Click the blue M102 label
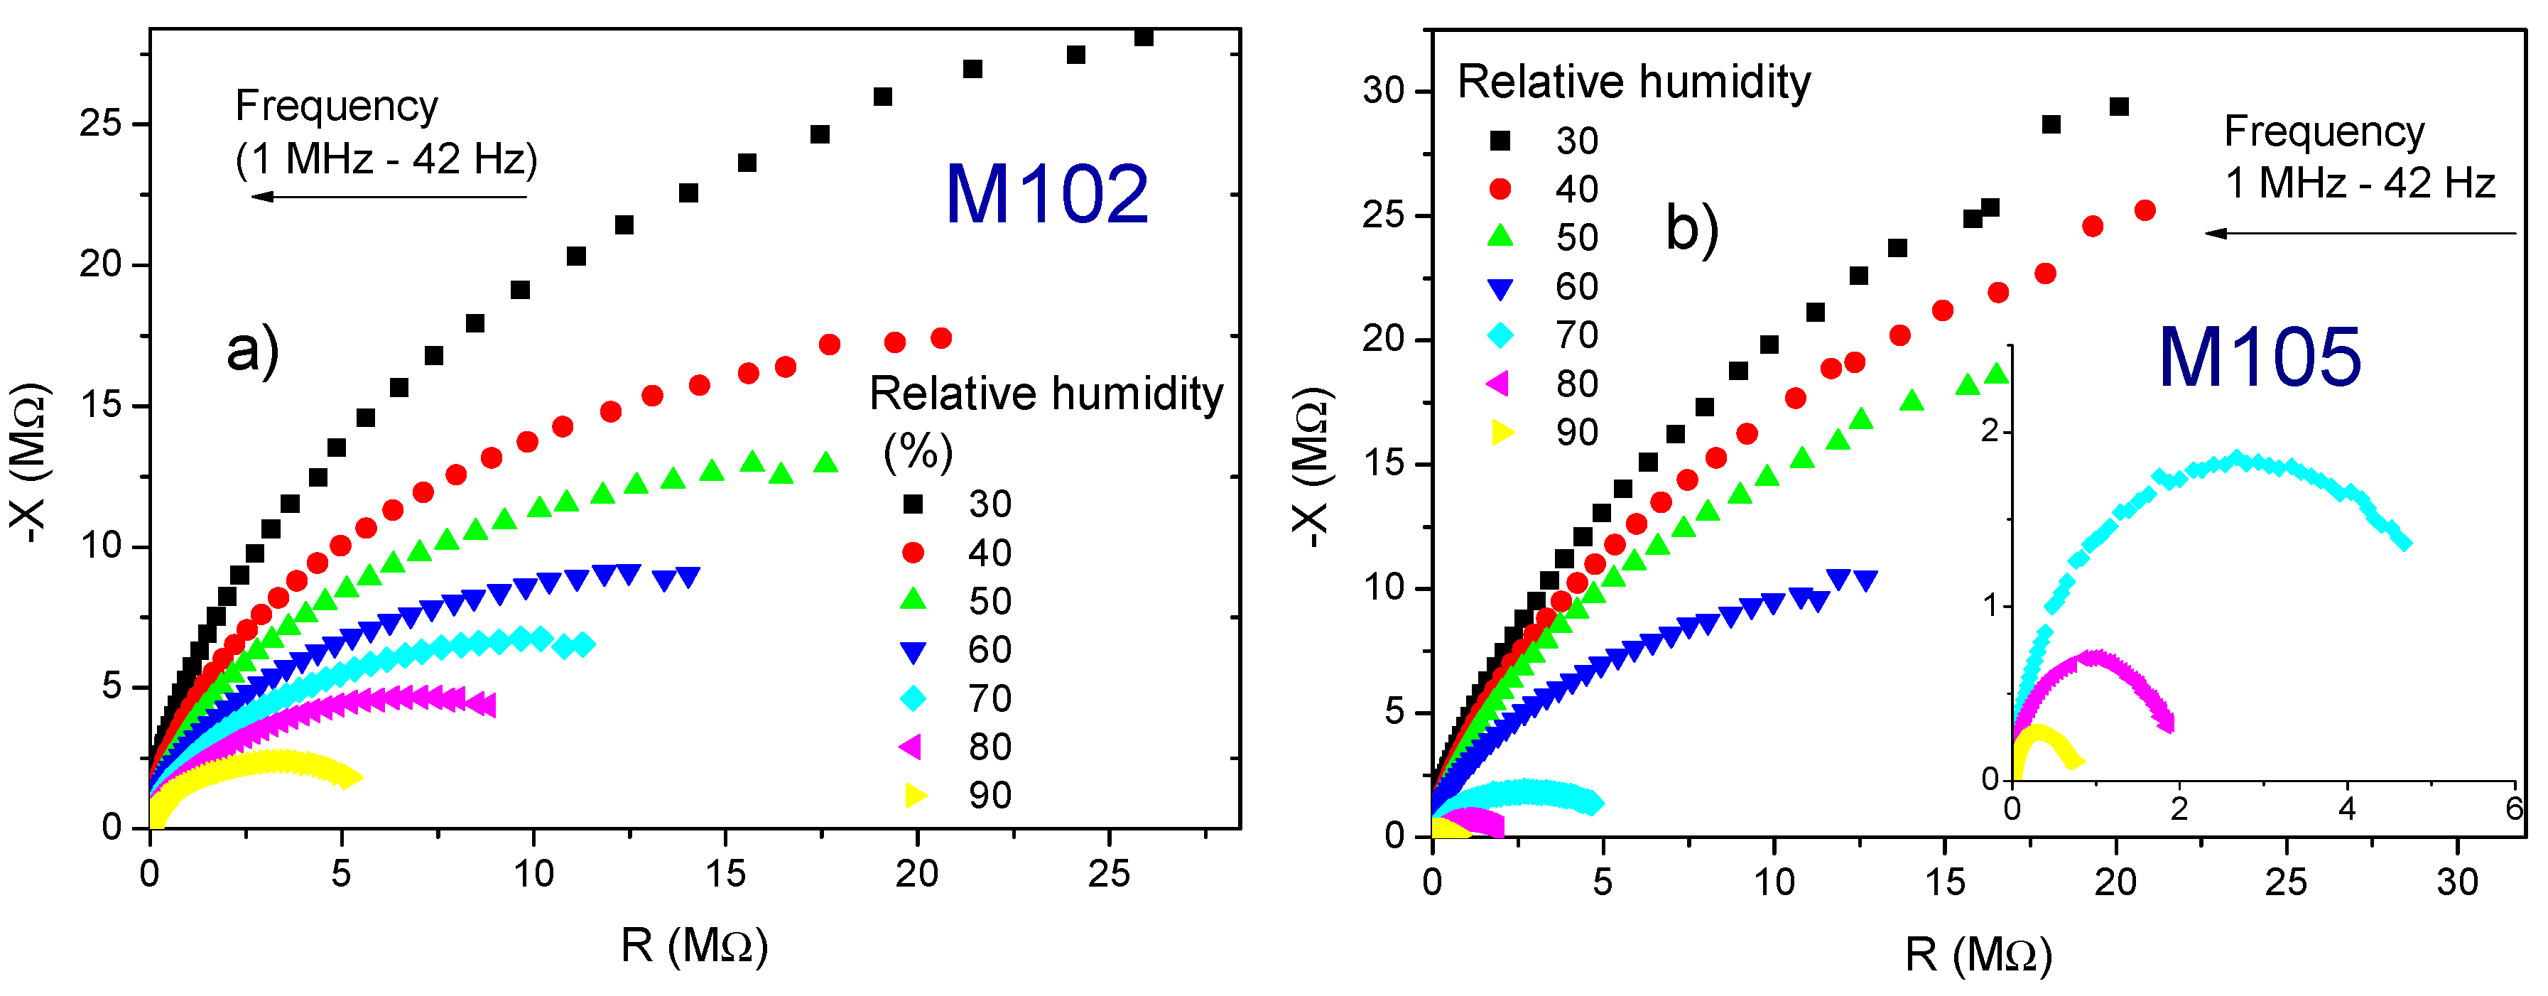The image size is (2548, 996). [x=1046, y=194]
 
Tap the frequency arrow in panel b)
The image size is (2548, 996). [x=2359, y=234]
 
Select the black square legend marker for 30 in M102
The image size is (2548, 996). [x=913, y=504]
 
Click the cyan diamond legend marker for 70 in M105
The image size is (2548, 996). [x=1500, y=335]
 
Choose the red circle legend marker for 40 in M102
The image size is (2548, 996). [x=913, y=553]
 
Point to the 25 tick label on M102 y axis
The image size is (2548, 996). [x=100, y=124]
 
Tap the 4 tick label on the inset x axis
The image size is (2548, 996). [x=2346, y=809]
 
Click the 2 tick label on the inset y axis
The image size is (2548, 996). [x=1990, y=431]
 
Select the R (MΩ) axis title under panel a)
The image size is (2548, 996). [x=695, y=946]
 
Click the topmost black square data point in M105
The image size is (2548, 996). [x=2119, y=107]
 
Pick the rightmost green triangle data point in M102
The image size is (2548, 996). [x=826, y=462]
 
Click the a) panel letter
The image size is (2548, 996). [x=252, y=350]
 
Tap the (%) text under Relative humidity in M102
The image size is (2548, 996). [x=918, y=451]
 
